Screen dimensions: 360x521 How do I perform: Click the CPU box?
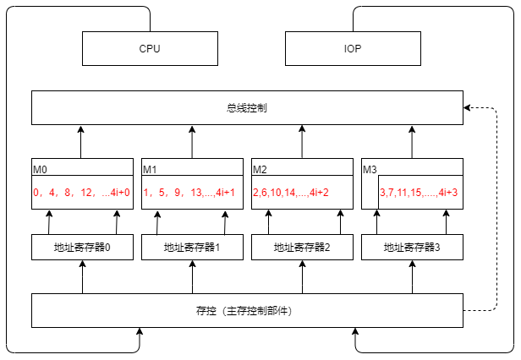(150, 48)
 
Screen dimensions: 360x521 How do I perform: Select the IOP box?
(353, 48)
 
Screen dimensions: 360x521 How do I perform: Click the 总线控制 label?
(247, 108)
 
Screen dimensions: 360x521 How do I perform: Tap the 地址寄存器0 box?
(82, 248)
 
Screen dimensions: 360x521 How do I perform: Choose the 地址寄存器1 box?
(192, 248)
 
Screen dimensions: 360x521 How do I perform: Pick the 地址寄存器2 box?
(302, 248)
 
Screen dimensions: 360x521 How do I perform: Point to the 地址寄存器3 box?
(412, 248)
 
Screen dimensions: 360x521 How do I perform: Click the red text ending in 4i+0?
(82, 193)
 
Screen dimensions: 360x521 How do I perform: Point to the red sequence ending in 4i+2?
(291, 193)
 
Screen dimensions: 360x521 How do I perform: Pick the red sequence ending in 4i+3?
(419, 193)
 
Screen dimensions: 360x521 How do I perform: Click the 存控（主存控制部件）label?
(247, 311)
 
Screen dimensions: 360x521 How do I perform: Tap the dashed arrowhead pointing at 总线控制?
(468, 108)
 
